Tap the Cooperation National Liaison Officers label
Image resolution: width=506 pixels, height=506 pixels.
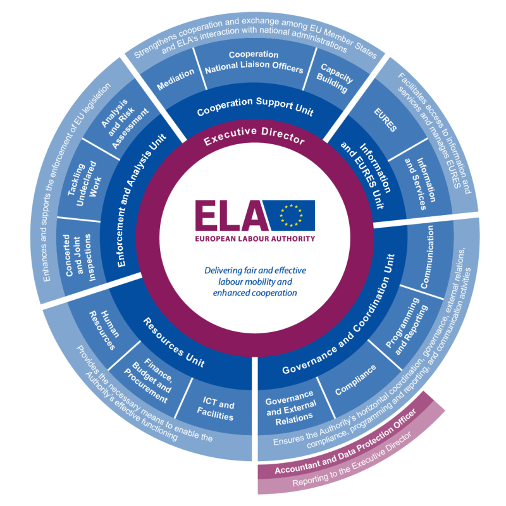253,62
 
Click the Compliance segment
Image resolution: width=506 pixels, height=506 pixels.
355,379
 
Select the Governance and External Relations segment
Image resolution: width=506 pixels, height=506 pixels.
290,405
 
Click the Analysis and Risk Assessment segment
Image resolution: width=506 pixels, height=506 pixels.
123,117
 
